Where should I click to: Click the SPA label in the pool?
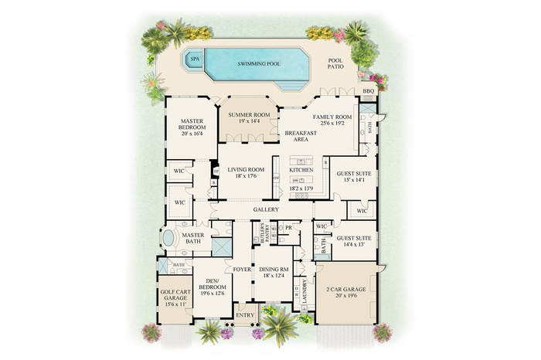click(x=195, y=59)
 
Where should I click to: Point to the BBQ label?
click(x=369, y=91)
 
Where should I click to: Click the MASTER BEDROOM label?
click(x=191, y=127)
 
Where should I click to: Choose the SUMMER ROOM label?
click(x=247, y=117)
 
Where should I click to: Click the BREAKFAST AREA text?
click(x=296, y=137)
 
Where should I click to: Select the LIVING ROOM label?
click(x=247, y=172)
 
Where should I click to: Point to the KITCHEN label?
click(x=300, y=169)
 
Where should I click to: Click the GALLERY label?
click(x=265, y=209)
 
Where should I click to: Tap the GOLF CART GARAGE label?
click(x=174, y=297)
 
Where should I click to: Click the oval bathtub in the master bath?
click(x=168, y=237)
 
